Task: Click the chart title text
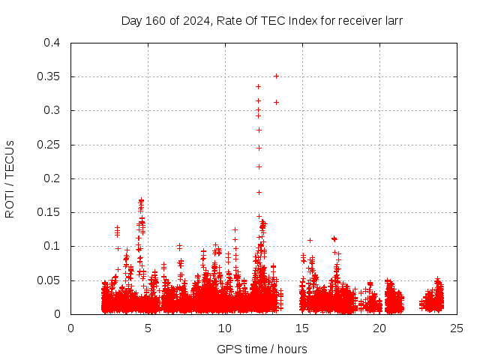[x=262, y=21]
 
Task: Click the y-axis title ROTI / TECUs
[x=10, y=178]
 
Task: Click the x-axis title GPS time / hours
[x=262, y=349]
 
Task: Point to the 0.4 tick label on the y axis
[x=52, y=43]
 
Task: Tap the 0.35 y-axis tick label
[x=49, y=76]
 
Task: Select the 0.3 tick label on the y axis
[x=52, y=110]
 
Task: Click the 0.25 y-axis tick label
[x=49, y=145]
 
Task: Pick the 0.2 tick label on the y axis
[x=52, y=178]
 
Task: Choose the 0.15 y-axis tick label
[x=49, y=212]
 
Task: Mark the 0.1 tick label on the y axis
[x=52, y=246]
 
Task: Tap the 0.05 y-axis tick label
[x=49, y=280]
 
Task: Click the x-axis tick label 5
[x=148, y=328]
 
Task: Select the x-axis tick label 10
[x=225, y=328]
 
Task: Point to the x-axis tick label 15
[x=302, y=328]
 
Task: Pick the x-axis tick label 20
[x=379, y=328]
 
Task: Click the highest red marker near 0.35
[x=276, y=76]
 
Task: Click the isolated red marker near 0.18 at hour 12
[x=259, y=192]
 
